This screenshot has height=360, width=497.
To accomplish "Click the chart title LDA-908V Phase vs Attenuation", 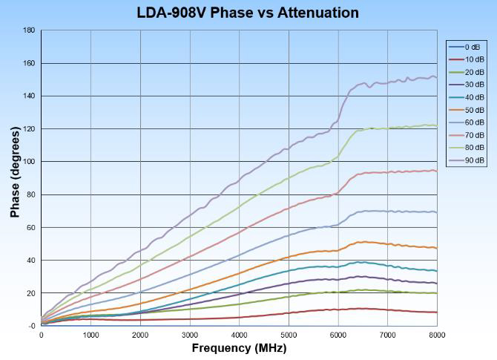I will pos(248,13).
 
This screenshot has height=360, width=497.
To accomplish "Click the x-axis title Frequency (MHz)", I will pos(239,347).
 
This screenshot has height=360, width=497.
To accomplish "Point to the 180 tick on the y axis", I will pos(29,30).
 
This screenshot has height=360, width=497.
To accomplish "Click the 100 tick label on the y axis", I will pos(29,162).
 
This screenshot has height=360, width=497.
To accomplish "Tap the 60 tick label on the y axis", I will pos(30,227).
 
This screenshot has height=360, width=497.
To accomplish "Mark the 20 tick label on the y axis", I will pos(30,293).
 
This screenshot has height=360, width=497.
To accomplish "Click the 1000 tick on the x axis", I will pos(90,335).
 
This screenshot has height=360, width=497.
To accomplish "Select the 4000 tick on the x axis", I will pos(239,335).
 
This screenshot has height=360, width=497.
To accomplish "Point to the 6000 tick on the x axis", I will pos(338,335).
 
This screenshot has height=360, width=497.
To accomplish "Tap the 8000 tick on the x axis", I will pos(437,335).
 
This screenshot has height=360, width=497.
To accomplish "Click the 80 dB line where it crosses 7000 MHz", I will pos(387,128).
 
